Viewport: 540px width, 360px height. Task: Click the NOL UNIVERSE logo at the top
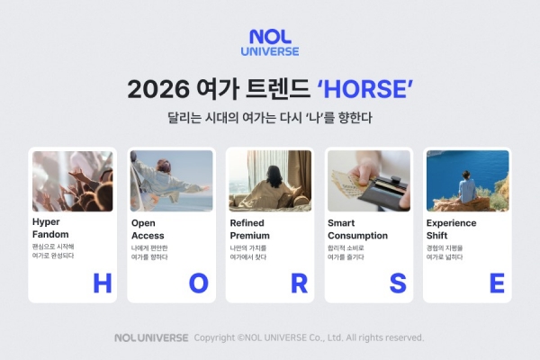[x=274, y=42]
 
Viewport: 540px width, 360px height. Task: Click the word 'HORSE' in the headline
[x=365, y=90]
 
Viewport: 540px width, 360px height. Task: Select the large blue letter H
[x=102, y=283]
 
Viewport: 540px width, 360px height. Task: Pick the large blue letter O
[x=198, y=283]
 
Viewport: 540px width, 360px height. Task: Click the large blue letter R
[x=299, y=283]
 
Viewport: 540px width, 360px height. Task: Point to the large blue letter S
[x=398, y=283]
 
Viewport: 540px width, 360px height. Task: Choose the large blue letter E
[x=496, y=283]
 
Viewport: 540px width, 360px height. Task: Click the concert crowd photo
[x=72, y=181]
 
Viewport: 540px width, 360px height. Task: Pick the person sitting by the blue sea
[x=466, y=188]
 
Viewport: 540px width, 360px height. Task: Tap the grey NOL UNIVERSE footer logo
[x=151, y=338]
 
